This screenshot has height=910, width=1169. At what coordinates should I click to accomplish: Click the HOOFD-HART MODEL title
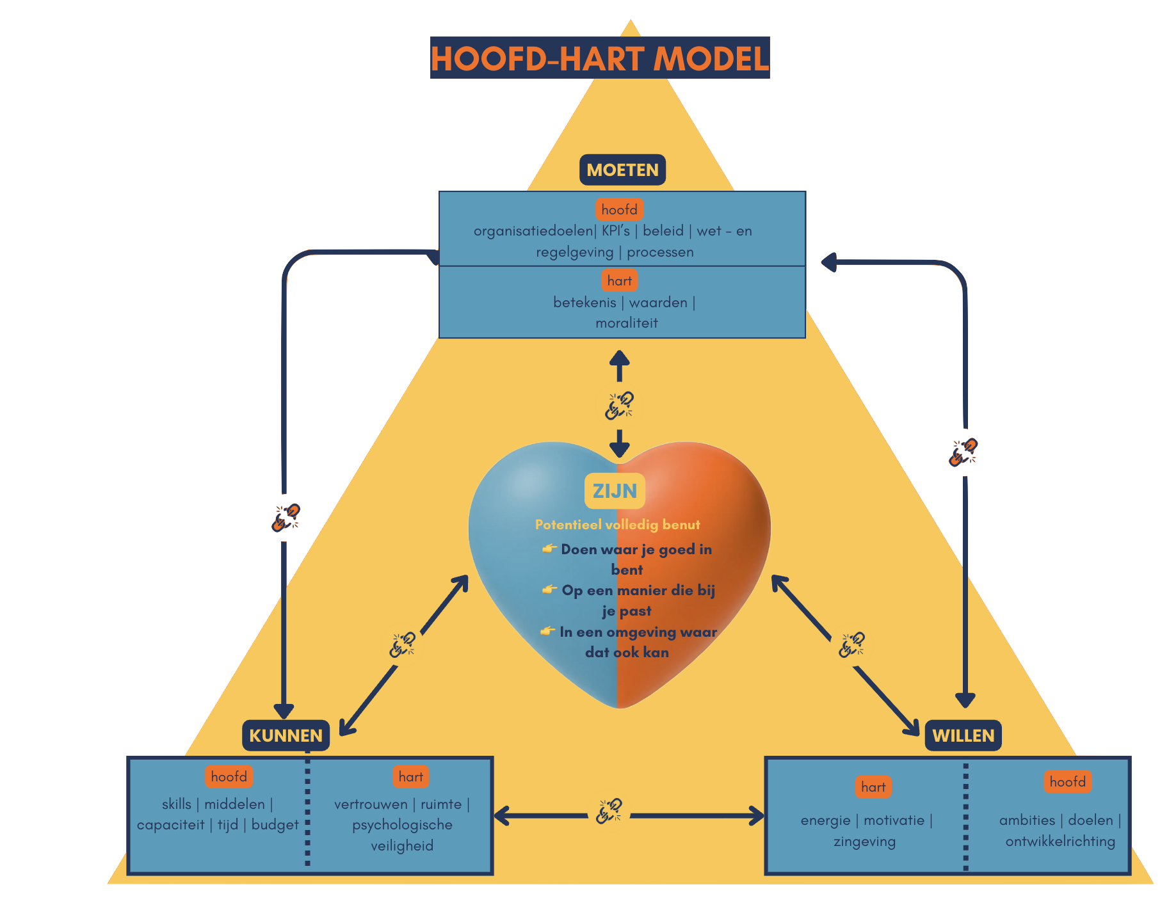click(x=600, y=58)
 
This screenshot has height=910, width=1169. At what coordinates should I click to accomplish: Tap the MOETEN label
click(x=622, y=170)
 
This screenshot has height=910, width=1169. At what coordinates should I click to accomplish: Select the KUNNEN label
click(x=286, y=735)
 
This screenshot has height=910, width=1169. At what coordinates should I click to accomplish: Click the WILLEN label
click(x=963, y=735)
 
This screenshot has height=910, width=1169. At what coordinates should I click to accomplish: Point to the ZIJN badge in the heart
click(x=615, y=491)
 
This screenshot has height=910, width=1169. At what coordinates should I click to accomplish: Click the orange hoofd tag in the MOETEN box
click(x=619, y=209)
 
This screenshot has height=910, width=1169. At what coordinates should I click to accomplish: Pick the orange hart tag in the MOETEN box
click(x=619, y=280)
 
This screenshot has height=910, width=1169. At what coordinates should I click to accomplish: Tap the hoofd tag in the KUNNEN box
click(x=229, y=776)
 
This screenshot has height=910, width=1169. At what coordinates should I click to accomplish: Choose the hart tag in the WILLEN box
click(x=873, y=786)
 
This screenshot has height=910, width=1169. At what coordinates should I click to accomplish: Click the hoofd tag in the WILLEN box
click(x=1067, y=781)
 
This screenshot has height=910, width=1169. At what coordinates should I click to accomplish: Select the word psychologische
click(x=402, y=824)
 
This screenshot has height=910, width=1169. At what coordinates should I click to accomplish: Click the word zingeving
click(x=864, y=841)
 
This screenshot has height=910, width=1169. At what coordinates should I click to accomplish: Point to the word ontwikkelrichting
click(x=1060, y=841)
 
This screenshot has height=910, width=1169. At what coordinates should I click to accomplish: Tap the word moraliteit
click(x=627, y=323)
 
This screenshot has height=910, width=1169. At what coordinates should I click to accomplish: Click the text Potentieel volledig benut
click(x=617, y=525)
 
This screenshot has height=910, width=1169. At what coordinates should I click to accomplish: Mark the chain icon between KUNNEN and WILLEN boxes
click(x=609, y=811)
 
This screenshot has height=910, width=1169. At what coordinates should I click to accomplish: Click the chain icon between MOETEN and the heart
click(x=619, y=405)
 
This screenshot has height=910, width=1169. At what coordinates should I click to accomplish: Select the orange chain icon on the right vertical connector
click(x=963, y=452)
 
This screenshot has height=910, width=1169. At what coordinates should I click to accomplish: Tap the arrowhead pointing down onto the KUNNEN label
click(x=284, y=711)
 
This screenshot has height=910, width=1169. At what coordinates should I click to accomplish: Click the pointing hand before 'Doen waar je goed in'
click(x=549, y=548)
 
